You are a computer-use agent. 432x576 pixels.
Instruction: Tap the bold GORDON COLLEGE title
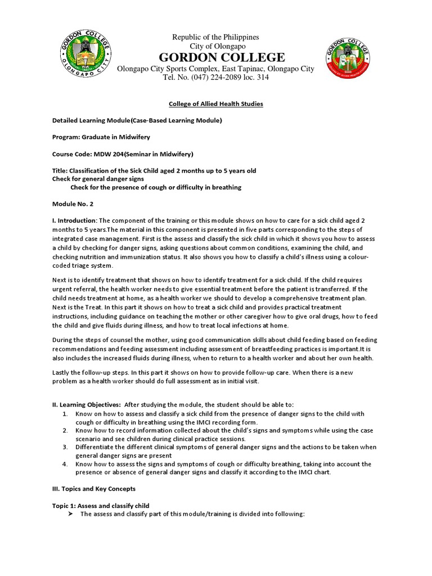pos(222,57)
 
